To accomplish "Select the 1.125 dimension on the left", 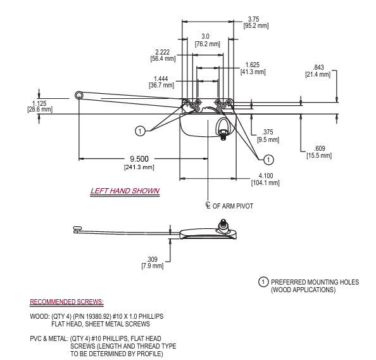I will [x=39, y=103].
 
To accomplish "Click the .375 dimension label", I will [x=268, y=132].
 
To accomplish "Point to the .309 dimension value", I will [x=152, y=259].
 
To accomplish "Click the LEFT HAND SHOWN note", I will [x=124, y=191].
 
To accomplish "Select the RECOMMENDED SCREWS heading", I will [x=67, y=302].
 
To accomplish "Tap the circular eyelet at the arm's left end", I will [x=79, y=94].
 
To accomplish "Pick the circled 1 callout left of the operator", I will [x=139, y=131].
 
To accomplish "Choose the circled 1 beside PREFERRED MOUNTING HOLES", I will [x=262, y=281].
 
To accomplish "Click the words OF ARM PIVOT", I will [x=232, y=206].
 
